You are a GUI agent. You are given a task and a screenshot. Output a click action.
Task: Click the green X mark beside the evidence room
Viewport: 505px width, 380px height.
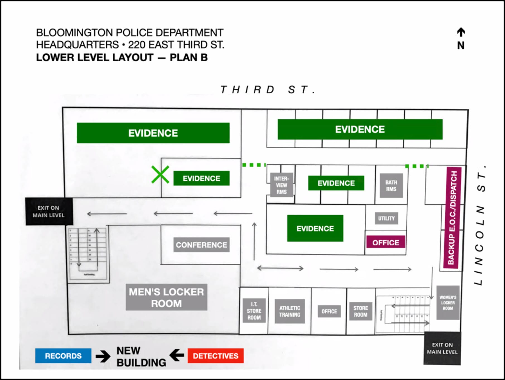click(x=160, y=175)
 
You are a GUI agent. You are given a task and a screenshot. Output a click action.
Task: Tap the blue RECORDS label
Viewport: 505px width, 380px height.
click(x=63, y=356)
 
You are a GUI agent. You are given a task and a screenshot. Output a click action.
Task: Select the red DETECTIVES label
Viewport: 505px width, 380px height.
click(x=216, y=356)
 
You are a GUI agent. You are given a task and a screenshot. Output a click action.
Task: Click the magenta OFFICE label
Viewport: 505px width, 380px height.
click(x=386, y=243)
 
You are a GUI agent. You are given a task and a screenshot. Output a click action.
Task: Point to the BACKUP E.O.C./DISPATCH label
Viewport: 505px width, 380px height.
click(x=452, y=218)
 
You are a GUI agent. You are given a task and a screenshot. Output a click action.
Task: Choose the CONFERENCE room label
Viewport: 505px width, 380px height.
click(x=201, y=245)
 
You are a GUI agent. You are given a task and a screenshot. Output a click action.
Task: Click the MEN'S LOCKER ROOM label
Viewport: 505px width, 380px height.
click(x=166, y=297)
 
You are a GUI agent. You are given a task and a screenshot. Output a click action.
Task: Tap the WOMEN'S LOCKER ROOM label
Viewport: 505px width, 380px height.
click(x=448, y=303)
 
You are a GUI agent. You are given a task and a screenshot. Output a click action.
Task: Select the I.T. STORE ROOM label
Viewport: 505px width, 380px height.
click(x=254, y=311)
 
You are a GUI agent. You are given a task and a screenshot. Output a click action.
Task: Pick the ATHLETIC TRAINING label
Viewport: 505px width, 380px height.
click(x=290, y=311)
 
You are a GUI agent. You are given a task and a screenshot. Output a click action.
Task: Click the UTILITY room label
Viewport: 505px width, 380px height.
click(x=386, y=218)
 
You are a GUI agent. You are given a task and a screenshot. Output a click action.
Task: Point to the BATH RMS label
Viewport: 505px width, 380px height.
click(x=391, y=186)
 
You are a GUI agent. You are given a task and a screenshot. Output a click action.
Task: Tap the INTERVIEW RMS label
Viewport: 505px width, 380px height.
click(x=282, y=185)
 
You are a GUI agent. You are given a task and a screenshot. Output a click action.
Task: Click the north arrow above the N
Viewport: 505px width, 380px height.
click(x=461, y=32)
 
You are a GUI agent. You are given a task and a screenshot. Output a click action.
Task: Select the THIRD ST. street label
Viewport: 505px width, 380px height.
click(x=268, y=90)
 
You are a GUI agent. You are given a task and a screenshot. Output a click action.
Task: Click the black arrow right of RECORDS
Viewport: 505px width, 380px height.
click(x=103, y=356)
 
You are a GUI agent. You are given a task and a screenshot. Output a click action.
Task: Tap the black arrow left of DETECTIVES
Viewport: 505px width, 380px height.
click(x=177, y=355)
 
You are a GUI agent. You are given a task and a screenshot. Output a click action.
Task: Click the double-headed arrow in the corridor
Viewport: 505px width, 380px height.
click(x=280, y=268)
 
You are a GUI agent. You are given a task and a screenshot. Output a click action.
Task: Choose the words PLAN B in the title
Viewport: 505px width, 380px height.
click(x=189, y=57)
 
